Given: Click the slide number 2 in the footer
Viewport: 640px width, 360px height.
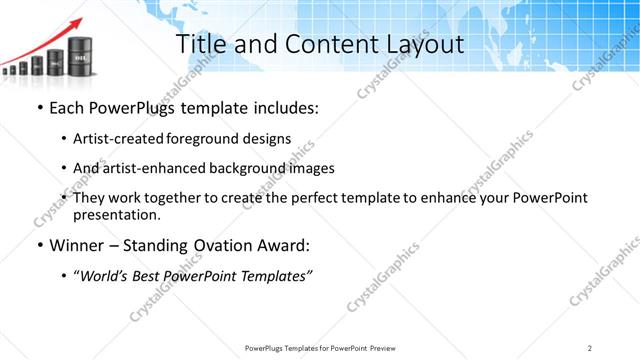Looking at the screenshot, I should (x=590, y=348).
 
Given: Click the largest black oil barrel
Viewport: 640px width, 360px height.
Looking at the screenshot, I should (x=81, y=61).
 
